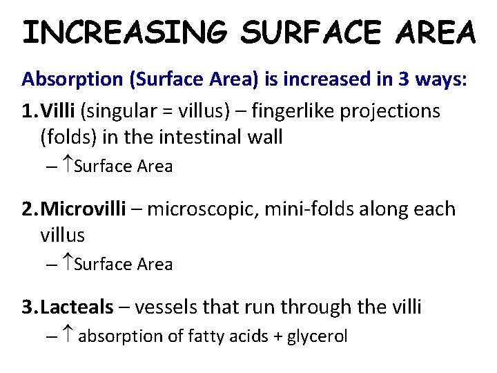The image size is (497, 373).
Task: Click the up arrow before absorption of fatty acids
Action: [x=68, y=336]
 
